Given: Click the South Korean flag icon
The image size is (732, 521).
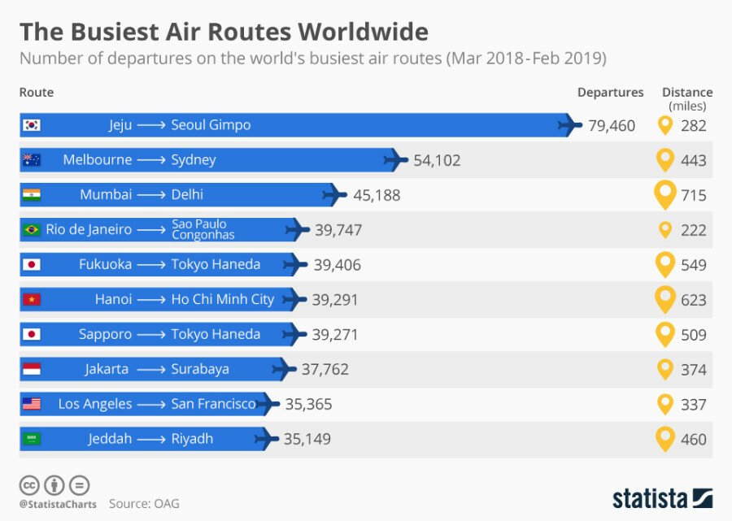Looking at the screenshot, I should (x=32, y=125).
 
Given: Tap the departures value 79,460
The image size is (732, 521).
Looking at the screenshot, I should (x=612, y=126).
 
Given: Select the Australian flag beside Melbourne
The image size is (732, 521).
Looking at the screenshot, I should (x=32, y=160).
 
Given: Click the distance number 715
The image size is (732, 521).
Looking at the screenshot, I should (x=694, y=195).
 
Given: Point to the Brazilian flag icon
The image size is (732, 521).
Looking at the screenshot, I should (x=32, y=230).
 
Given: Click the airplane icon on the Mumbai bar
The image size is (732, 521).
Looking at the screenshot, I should (x=333, y=195).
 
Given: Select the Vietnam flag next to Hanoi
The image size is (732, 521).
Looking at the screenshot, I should (x=32, y=299).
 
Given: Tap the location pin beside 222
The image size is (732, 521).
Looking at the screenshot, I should (x=665, y=230).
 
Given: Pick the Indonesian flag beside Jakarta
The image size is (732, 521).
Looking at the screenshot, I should (x=32, y=369).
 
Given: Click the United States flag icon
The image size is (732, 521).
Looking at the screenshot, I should (x=32, y=404).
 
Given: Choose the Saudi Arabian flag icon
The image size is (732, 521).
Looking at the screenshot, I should (x=32, y=439).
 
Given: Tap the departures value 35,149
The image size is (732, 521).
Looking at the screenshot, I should (x=307, y=439).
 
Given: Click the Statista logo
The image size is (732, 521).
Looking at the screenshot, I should (x=662, y=497).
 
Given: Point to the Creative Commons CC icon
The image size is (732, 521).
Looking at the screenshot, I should (x=29, y=485).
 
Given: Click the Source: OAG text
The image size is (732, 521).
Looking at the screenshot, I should (x=144, y=504).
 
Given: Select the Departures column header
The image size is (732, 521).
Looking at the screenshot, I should (x=610, y=93).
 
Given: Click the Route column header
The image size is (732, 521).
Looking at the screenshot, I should (x=37, y=93).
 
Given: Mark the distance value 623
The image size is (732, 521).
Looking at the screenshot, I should (x=694, y=300).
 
